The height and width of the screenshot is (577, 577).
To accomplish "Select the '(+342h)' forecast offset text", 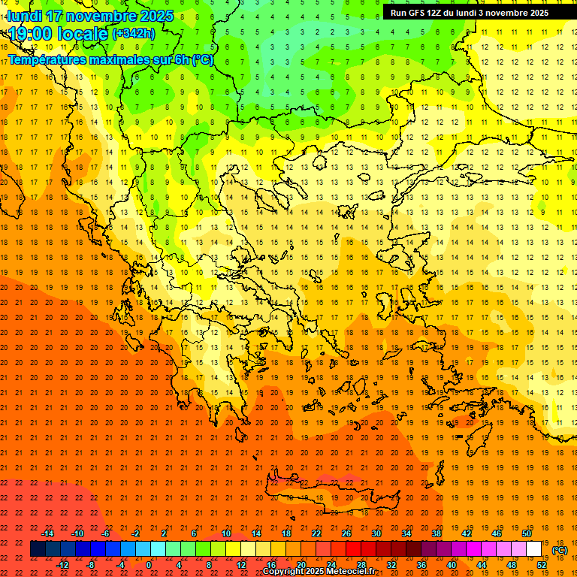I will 134,34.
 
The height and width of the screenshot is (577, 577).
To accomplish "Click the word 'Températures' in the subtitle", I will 47,59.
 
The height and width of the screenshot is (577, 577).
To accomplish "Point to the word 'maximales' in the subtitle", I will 119,59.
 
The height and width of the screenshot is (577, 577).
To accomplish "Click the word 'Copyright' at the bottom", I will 284,572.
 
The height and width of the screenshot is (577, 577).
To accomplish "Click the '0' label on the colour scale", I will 149,565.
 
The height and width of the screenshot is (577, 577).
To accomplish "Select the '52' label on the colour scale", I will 542,565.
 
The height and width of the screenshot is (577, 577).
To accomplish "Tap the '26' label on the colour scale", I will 346,533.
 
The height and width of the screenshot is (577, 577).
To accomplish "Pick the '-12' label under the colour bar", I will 62,565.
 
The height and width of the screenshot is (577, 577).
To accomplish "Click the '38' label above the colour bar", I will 437,533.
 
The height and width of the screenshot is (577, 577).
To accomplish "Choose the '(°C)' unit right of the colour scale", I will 560,550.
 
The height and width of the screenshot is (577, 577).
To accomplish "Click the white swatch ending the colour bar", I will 534,549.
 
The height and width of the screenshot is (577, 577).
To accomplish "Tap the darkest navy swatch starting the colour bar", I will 38,549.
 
